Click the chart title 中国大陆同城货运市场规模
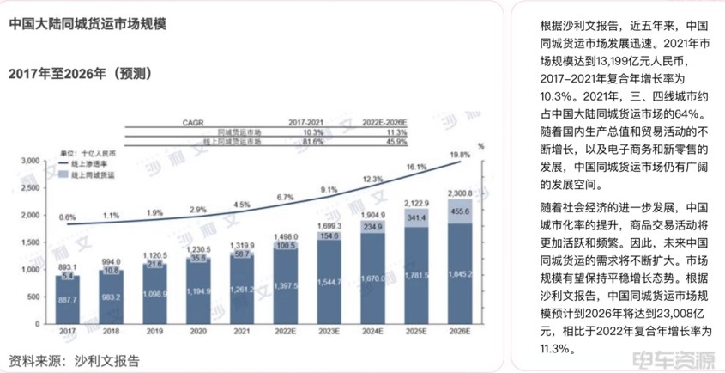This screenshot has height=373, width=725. [x=88, y=25]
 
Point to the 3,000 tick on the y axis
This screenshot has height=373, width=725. [x=29, y=161]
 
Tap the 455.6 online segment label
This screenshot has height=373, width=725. [x=460, y=211]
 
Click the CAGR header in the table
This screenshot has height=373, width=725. [x=192, y=122]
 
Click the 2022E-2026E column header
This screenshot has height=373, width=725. [x=384, y=122]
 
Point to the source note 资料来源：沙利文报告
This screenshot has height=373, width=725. [x=74, y=361]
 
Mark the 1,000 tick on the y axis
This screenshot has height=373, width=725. [x=29, y=269]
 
